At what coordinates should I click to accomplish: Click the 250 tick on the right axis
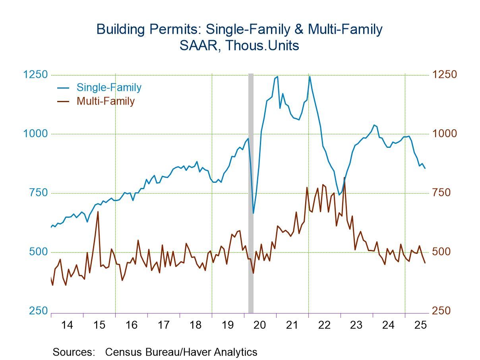pos(442,311)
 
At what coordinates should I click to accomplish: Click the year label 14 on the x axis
pos(67,325)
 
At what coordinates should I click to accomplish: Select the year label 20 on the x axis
pos(259,325)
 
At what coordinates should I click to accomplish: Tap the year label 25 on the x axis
pos(420,325)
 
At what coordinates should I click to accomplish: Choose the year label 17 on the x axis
pos(163,325)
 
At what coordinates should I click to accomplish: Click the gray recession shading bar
pos(251,191)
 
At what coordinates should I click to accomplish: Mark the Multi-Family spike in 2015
pos(98,212)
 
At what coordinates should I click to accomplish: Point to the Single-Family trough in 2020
pos(253,213)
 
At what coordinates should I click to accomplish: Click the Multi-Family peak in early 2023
pos(344,178)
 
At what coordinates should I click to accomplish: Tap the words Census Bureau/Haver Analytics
pos(181,352)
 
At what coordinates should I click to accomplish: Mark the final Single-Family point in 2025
pos(425,168)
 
